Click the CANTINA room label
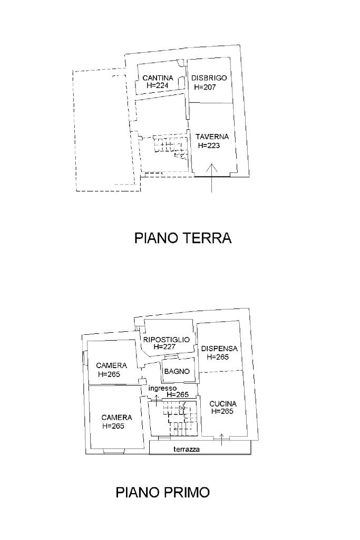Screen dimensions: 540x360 [158, 78]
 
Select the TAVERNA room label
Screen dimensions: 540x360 [212, 137]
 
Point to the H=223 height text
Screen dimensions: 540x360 [209, 146]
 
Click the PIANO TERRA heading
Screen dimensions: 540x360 [183, 238]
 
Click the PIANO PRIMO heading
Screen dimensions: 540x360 [162, 493]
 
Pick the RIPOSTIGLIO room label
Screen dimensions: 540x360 [166, 340]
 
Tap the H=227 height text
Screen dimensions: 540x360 [164, 347]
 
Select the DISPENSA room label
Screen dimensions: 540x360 [219, 349]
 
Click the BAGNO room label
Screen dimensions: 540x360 [177, 371]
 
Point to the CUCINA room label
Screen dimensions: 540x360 [223, 404]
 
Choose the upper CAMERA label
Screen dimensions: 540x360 [111, 365]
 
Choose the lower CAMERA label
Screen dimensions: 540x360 [116, 417]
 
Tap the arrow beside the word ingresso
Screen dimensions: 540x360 [155, 398]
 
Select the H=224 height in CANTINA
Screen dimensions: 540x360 [158, 85]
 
